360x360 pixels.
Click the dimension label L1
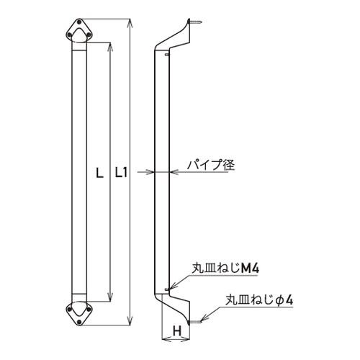click(x=121, y=173)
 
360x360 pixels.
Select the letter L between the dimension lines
click(x=99, y=173)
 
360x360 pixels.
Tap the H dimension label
click(x=177, y=331)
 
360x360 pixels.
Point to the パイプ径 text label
click(x=211, y=165)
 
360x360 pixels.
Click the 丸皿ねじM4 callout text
click(x=225, y=269)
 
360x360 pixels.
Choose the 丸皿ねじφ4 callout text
click(x=259, y=300)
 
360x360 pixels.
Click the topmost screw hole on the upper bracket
click(x=79, y=22)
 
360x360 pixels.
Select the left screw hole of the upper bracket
click(x=69, y=35)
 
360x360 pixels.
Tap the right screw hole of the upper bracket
click(x=89, y=35)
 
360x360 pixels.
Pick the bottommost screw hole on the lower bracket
click(x=79, y=322)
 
